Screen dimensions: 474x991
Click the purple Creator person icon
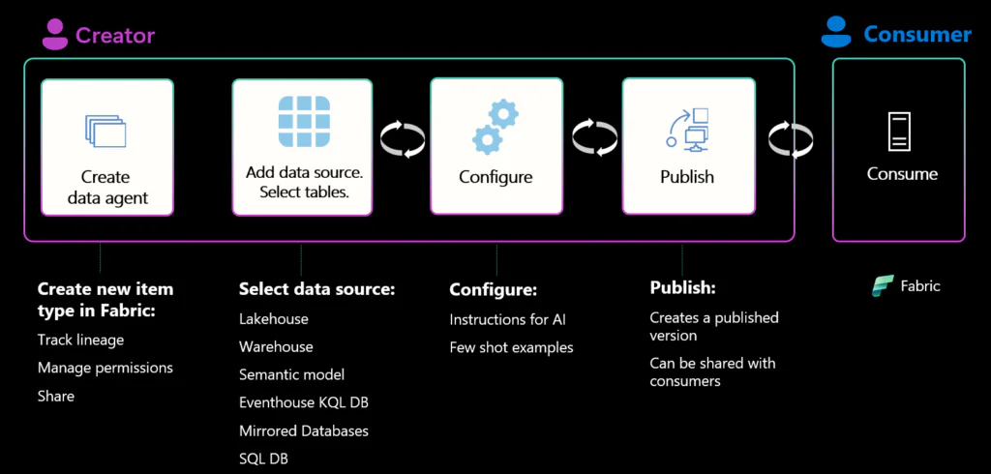pos(54,36)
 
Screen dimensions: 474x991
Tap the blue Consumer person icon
pos(834,34)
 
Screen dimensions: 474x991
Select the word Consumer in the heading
pos(916,35)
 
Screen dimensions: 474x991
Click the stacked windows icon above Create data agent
pos(106,132)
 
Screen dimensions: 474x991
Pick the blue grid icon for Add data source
pos(302,121)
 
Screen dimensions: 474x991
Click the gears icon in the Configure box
pos(495,127)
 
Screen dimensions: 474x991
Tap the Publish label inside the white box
pos(687,177)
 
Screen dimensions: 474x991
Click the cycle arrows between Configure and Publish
pos(593,138)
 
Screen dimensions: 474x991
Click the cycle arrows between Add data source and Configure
pos(402,138)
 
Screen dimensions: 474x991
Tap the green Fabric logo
pos(882,286)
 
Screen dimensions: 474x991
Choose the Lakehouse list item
pos(273,318)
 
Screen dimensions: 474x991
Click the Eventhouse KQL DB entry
pos(303,402)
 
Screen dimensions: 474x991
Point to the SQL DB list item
pos(263,459)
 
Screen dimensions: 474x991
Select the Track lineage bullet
pos(80,340)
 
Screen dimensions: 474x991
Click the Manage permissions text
pos(105,368)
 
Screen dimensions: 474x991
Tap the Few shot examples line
pos(511,347)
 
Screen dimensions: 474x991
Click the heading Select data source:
pos(316,289)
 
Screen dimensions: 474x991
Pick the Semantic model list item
pos(291,374)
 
